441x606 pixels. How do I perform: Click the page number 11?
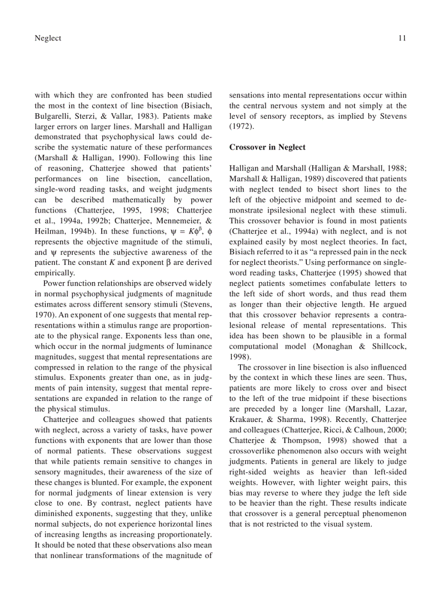pos(402,38)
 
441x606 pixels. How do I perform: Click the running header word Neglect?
pos(48,38)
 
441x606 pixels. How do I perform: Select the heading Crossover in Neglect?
pos(267,147)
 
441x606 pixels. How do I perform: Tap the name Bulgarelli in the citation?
pos(55,106)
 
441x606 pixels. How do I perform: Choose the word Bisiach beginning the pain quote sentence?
pos(243,252)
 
